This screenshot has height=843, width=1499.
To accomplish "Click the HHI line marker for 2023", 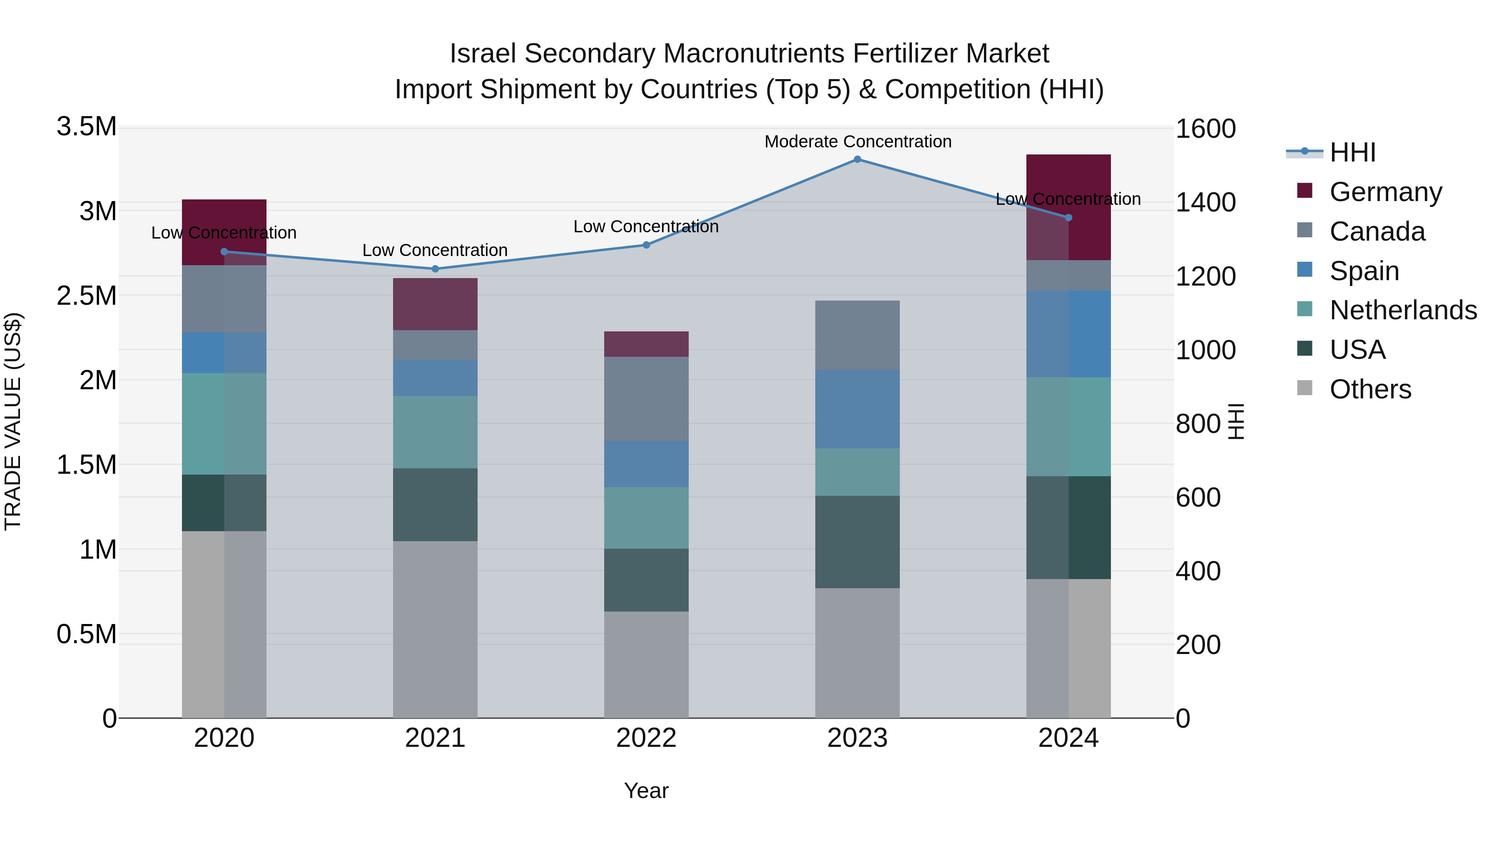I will [x=857, y=159].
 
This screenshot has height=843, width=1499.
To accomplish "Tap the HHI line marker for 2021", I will [x=435, y=269].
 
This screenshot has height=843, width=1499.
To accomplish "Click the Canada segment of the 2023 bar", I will [x=857, y=335].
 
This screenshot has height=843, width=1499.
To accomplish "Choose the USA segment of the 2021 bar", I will [x=435, y=505].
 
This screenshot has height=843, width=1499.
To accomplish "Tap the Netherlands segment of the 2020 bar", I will [x=224, y=423].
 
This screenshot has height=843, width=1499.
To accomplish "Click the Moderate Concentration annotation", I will [x=858, y=142].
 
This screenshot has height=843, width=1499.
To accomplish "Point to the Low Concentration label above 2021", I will [x=435, y=250].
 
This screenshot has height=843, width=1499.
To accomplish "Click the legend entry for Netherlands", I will [x=1403, y=310].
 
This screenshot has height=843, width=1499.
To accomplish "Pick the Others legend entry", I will [x=1370, y=389].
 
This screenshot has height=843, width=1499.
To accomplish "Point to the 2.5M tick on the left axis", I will [x=87, y=296].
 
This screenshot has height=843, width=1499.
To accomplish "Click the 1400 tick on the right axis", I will [x=1205, y=202].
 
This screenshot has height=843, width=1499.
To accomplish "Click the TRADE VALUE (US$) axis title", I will [x=13, y=422].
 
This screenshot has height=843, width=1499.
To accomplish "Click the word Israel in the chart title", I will [x=483, y=54].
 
